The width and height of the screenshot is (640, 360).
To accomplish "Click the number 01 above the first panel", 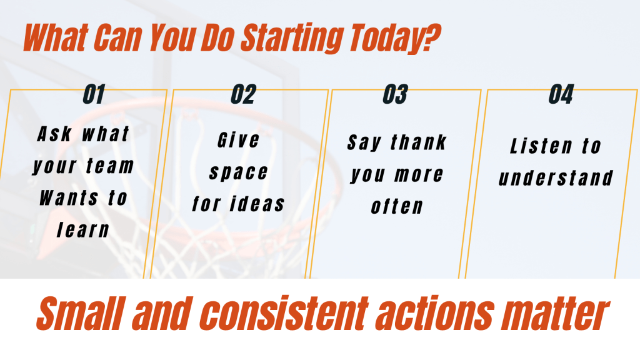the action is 94,94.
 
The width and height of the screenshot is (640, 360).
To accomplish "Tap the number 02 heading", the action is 244,94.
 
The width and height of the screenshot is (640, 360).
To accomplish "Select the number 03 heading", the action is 395,94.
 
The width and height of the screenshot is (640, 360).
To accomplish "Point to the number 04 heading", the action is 561,94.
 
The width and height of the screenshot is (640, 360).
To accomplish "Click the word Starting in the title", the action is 291,37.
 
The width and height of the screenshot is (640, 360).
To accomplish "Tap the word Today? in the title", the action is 395,37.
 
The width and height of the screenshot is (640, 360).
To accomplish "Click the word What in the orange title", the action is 55,37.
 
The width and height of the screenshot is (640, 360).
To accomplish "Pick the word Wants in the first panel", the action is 69,198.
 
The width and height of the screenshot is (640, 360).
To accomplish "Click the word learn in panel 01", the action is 83,230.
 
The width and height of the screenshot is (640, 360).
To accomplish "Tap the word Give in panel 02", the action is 238,141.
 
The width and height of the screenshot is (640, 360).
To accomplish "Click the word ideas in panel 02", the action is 257,204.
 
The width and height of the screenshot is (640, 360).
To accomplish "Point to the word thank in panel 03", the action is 418,142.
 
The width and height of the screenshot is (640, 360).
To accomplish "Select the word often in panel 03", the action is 397,206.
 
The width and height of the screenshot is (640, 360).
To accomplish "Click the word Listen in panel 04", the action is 541,146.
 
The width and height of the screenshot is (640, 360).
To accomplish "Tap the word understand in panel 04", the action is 556,178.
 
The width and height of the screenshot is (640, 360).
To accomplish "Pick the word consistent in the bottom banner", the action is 284,314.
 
